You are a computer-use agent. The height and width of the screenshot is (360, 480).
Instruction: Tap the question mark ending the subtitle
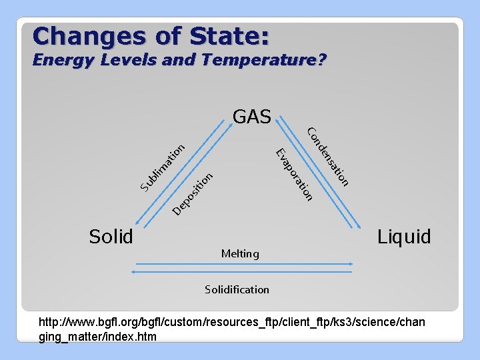point(321,60)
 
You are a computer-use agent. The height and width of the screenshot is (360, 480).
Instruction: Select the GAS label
point(251,117)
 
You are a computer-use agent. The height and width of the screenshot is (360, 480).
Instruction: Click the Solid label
point(111,236)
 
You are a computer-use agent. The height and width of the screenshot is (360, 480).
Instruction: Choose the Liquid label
point(404,236)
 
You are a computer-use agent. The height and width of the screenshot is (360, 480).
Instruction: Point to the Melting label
point(240,253)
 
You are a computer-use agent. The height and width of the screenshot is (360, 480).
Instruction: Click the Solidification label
point(237,289)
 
